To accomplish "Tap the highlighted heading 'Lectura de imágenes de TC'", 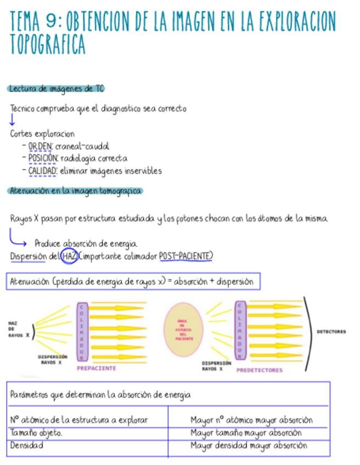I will pos(56,89).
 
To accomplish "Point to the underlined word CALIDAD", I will pos(43,171).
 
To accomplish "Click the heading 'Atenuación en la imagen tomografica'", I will pos(75,191).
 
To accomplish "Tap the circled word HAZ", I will pos(69,256).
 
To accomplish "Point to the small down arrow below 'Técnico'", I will pos(12,121).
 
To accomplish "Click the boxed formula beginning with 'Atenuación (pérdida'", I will pos(132,282).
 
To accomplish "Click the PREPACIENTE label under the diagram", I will pos(97,368).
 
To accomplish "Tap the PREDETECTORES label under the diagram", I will pos(259,370).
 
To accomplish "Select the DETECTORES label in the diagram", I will pos(331,332).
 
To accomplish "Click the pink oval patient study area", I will pos(184,331).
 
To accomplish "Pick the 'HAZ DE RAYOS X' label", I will pos(15,329).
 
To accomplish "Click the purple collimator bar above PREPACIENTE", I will pos(82,332).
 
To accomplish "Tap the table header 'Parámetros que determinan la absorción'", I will pos(100,395).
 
